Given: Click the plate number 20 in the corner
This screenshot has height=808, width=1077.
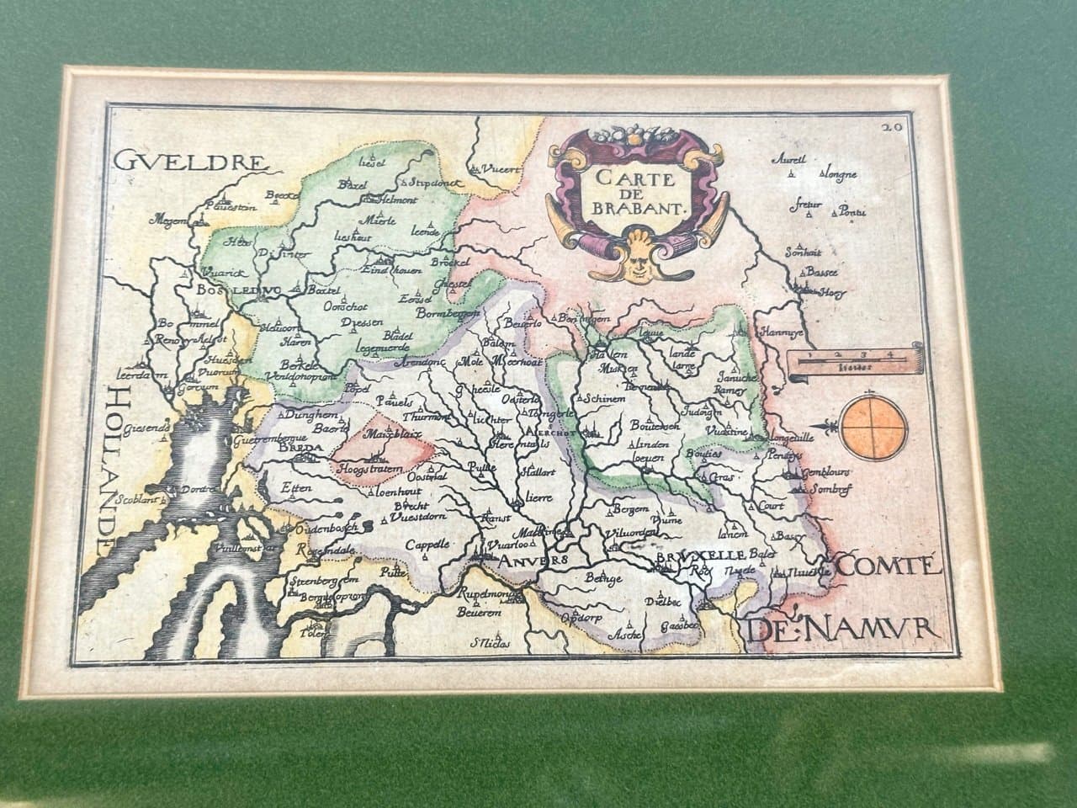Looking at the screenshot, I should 891,128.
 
